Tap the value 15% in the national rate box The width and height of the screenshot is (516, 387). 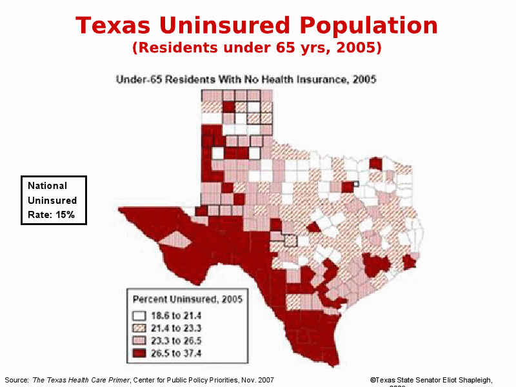point(64,215)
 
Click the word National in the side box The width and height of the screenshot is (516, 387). point(47,186)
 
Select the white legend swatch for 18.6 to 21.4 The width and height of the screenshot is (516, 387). point(139,316)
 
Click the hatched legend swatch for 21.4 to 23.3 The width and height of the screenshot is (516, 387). point(139,328)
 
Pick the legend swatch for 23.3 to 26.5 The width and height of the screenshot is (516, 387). point(139,341)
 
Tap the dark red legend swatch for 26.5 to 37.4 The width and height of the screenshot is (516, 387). point(139,353)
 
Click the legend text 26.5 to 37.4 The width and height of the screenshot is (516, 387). point(176,353)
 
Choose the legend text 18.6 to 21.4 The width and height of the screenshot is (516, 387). point(176,316)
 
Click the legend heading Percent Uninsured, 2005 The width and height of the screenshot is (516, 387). point(187,299)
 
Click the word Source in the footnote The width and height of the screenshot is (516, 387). point(16,381)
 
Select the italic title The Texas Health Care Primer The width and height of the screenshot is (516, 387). point(80,381)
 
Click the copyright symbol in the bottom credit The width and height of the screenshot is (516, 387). point(373,381)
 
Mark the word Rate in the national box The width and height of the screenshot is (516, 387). point(38,215)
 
